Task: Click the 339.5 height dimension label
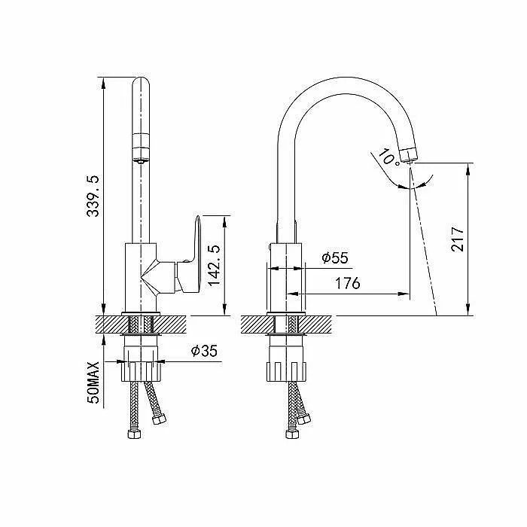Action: [93, 196]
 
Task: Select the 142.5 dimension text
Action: [214, 266]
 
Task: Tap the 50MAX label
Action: [93, 382]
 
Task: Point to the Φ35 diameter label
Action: [204, 351]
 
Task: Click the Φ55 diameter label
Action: [335, 257]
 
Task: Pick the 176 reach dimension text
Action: [348, 283]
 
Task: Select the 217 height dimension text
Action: [458, 239]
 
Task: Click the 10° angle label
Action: [389, 157]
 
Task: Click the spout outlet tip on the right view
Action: [410, 155]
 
